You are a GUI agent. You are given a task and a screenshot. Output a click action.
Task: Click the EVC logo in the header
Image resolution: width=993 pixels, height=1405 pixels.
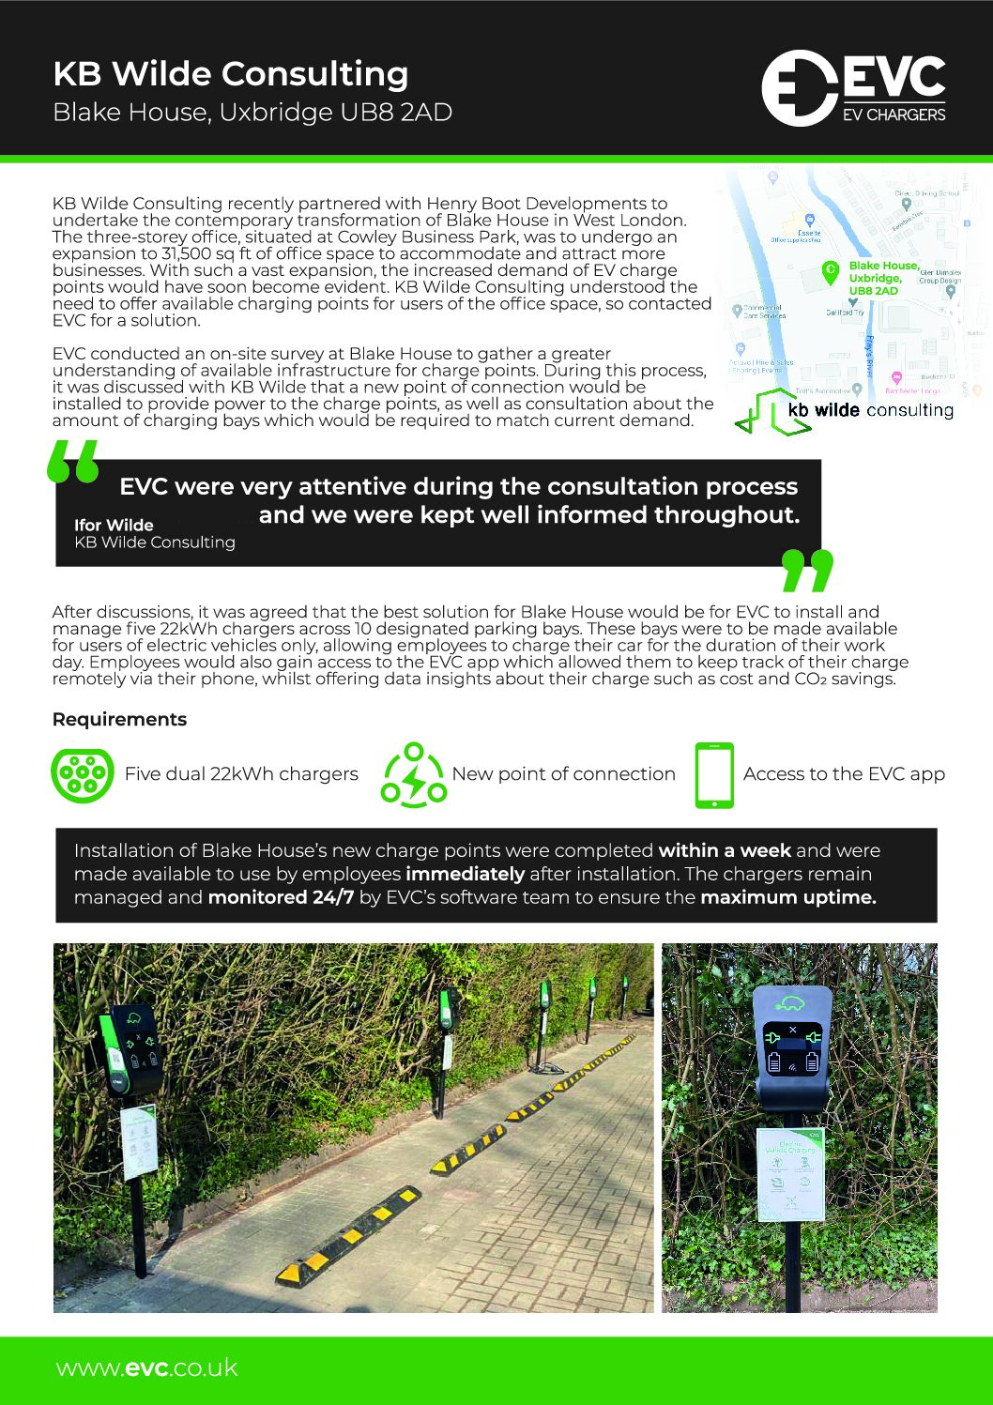pos(853,88)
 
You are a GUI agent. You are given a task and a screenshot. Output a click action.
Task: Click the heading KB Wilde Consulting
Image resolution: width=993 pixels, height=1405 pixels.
pos(231,73)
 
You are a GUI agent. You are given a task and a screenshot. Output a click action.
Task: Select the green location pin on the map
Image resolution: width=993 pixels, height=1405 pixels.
pos(830,271)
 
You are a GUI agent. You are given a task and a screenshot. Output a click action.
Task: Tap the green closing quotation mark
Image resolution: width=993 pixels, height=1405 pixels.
pos(806,571)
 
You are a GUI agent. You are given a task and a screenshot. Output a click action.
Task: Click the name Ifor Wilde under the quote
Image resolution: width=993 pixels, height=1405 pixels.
pos(114,525)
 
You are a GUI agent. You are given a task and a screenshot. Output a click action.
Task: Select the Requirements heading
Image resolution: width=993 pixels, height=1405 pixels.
pos(119,719)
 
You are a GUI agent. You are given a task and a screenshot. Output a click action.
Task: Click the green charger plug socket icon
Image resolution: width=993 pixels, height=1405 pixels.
pos(83,774)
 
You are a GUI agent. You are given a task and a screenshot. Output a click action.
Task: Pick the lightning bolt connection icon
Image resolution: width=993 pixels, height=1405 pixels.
pos(414,775)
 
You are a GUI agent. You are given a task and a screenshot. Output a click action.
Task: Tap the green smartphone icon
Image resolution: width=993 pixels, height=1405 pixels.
pos(714,775)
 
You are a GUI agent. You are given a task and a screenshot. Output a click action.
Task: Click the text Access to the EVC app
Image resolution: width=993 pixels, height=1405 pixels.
pos(844,774)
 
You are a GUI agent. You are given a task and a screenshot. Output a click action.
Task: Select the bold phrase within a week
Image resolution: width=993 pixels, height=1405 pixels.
pos(725,850)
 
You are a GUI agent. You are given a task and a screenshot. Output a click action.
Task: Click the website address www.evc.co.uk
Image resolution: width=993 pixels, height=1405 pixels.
pos(147,1367)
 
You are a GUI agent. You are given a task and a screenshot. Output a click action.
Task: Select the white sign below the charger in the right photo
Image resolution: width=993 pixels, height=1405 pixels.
pos(791,1173)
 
